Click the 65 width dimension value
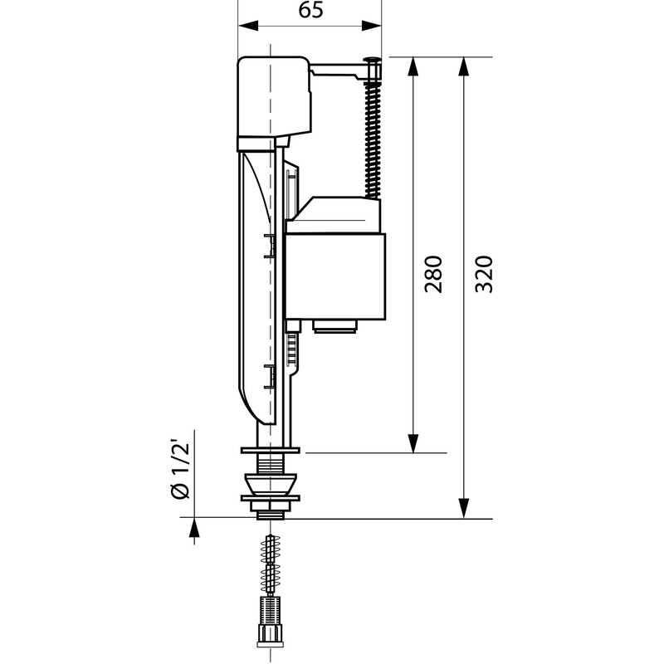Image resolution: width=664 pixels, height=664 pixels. click(x=310, y=10)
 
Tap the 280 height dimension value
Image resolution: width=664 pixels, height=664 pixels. click(x=433, y=274)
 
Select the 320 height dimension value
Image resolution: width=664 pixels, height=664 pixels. click(x=484, y=274)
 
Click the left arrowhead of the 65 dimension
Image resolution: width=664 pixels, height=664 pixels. click(x=248, y=26)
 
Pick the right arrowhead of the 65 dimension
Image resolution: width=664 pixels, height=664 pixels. click(x=371, y=26)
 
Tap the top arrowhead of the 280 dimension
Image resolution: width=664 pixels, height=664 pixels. click(x=413, y=67)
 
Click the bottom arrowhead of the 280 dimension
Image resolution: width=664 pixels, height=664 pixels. click(x=413, y=443)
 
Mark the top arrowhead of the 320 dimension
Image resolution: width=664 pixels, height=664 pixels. click(x=464, y=67)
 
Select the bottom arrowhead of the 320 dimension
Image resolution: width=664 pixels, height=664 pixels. click(x=464, y=508)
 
